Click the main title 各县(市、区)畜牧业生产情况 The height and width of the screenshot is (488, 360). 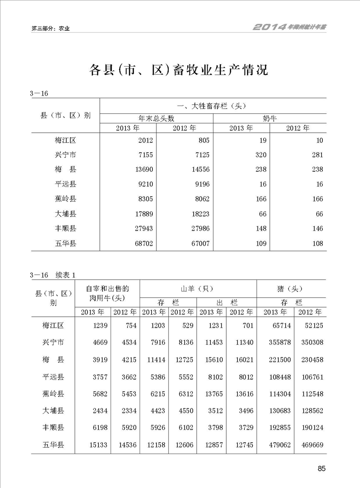[179, 70]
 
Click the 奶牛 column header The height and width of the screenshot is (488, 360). [270, 118]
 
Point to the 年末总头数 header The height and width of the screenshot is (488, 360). [156, 118]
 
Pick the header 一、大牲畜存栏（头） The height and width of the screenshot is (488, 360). [212, 106]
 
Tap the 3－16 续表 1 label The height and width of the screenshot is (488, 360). [52, 275]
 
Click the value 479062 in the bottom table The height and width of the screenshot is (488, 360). [277, 445]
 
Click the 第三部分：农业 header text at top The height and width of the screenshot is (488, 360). [51, 28]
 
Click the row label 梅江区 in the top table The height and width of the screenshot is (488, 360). [65, 140]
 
